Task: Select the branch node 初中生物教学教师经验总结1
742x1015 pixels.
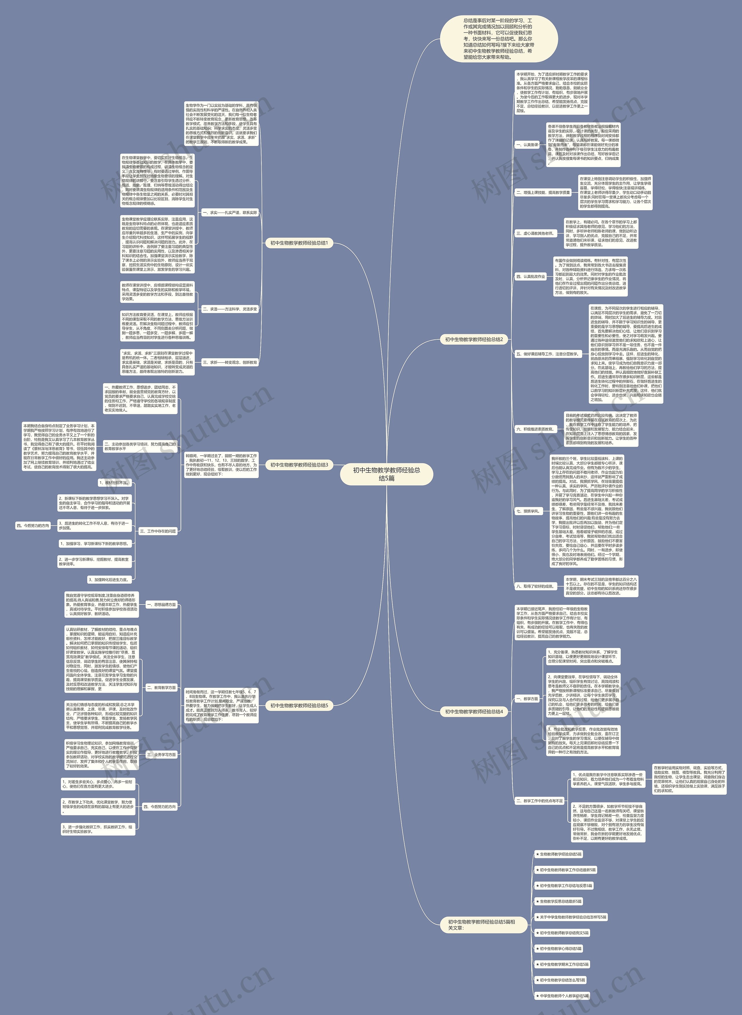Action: [299, 243]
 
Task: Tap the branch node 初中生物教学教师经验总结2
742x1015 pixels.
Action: [474, 339]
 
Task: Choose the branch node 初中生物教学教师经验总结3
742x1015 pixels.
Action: [299, 465]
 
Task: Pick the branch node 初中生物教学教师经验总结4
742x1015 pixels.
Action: [474, 712]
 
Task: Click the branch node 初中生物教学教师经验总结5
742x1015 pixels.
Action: [299, 706]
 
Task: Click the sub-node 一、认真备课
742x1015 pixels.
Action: [527, 145]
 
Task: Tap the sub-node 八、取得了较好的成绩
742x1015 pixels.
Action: [535, 586]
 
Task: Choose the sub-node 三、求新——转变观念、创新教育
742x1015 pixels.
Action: [230, 362]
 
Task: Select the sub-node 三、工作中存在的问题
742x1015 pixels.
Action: [158, 531]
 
